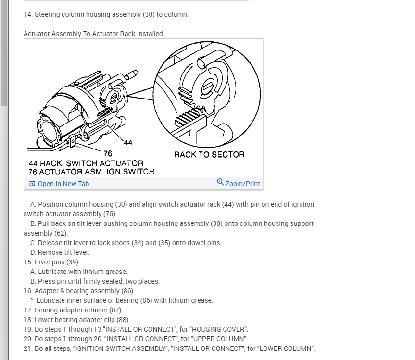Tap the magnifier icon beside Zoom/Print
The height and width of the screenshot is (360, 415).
[220, 182]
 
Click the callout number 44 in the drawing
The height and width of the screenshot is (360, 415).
[128, 143]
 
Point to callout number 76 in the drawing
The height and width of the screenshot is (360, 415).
[108, 153]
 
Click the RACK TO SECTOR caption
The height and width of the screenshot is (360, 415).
[209, 154]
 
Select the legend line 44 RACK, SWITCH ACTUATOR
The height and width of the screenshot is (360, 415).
[86, 163]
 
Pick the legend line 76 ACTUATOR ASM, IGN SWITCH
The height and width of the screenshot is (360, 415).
[91, 172]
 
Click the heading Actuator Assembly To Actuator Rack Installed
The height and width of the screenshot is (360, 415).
[93, 34]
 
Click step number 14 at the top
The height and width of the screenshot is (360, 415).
[28, 14]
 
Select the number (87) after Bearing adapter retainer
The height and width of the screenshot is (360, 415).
[116, 310]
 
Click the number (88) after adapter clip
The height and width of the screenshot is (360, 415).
[123, 320]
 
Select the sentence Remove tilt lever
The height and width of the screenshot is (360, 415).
[63, 252]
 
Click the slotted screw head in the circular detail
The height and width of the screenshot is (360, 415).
[208, 87]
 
